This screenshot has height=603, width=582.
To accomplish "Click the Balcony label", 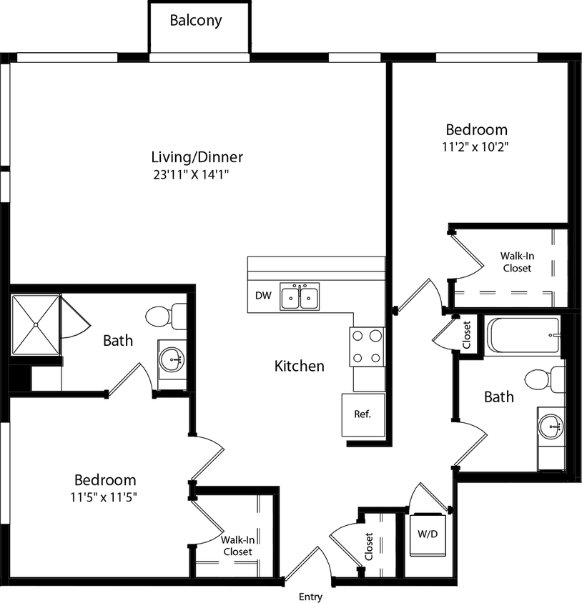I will coord(195,20).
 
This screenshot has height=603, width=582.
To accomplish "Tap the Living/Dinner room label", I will coord(197,156).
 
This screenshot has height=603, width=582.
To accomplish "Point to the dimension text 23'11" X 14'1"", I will coord(197,174).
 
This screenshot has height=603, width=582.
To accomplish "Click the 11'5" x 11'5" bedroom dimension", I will coord(105,497).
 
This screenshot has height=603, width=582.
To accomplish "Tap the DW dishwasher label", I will coord(262,296).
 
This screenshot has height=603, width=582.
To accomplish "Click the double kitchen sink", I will coord(300,296).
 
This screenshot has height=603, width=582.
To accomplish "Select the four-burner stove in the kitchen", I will coord(367,347).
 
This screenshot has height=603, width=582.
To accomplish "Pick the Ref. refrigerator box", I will coord(362,414).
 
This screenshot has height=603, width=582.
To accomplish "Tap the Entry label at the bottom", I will coord(310,597).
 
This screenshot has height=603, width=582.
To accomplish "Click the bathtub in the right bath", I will coord(523,335).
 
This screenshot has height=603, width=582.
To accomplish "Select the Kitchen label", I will coord(300,366).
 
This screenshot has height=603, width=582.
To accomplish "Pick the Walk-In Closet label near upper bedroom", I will coord(516,261).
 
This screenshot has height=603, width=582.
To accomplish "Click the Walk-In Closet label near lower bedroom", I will coord(237,546).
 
